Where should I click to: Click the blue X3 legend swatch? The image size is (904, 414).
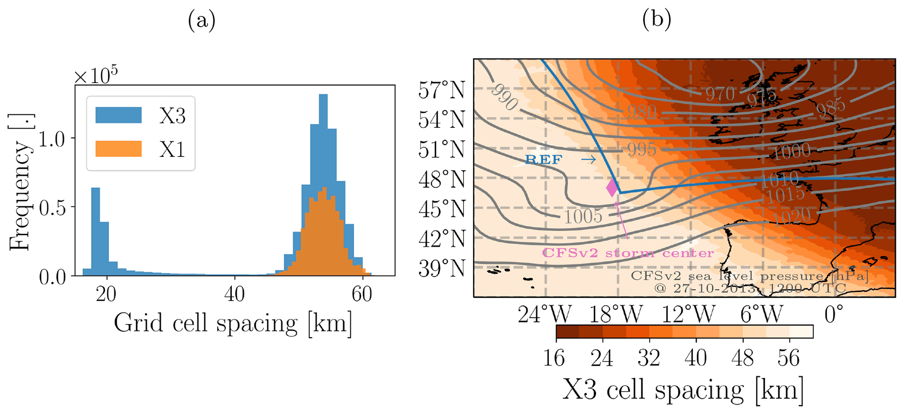[x=119, y=115]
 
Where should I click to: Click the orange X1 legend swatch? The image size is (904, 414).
[x=119, y=149]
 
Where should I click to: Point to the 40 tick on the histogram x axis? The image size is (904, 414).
[x=234, y=294]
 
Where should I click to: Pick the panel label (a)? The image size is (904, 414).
[x=202, y=20]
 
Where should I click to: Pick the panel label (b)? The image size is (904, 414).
[x=656, y=20]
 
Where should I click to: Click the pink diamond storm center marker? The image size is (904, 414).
[x=612, y=187]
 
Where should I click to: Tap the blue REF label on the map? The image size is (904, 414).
[x=543, y=160]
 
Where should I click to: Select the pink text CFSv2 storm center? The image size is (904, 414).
[x=628, y=253]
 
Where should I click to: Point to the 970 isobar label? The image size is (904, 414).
[x=720, y=94]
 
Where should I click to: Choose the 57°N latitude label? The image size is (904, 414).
[x=441, y=90]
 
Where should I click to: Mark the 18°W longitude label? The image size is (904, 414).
[x=616, y=314]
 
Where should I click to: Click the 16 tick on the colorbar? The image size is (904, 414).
[x=554, y=358]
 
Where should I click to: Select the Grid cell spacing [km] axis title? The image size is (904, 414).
[x=233, y=324]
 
